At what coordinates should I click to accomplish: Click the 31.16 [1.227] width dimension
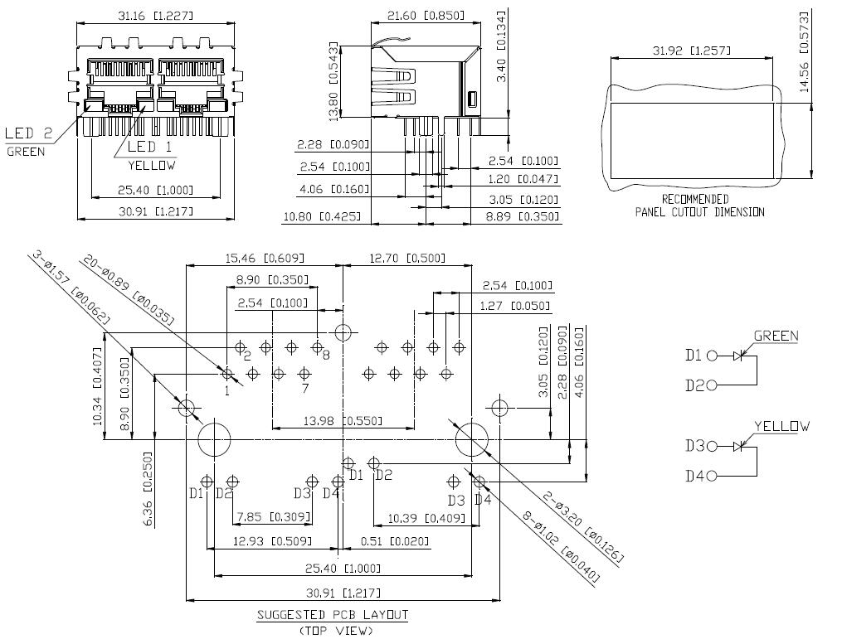tap(155, 16)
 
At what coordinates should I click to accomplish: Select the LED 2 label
tap(29, 133)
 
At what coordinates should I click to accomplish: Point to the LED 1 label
tap(150, 147)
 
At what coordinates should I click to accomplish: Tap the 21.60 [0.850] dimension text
tap(426, 16)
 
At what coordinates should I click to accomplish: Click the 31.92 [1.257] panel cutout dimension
tap(692, 51)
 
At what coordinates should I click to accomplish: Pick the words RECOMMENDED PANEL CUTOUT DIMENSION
tap(699, 206)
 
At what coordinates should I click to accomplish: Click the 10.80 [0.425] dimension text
tap(322, 217)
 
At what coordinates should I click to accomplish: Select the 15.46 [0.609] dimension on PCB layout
tap(264, 258)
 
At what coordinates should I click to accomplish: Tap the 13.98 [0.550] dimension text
tap(343, 421)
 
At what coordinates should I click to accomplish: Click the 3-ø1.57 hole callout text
tap(71, 288)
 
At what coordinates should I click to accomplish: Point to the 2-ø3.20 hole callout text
tap(583, 527)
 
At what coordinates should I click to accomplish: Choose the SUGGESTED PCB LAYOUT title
tap(333, 615)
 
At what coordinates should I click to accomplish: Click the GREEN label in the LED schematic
tap(776, 336)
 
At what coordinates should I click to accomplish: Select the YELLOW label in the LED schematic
tap(781, 427)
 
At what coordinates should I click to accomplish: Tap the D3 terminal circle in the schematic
tap(713, 446)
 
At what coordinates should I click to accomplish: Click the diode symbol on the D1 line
tap(738, 356)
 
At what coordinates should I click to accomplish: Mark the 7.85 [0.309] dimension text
tap(274, 516)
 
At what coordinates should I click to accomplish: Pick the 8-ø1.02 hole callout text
tap(561, 547)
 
